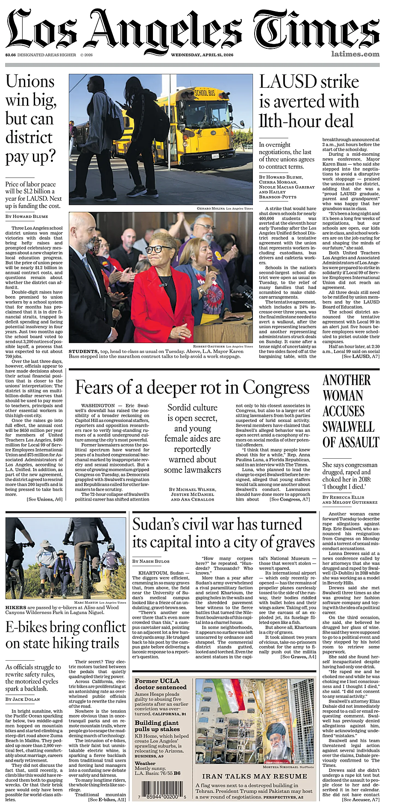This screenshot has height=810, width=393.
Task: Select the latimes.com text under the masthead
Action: pyautogui.click(x=355, y=54)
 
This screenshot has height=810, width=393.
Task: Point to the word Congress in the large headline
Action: pyautogui.click(x=276, y=388)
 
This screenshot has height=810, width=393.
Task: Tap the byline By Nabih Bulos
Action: pyautogui.click(x=151, y=561)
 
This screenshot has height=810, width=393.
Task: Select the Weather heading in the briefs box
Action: pyautogui.click(x=145, y=763)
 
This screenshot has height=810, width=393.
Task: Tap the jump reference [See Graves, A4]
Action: pyautogui.click(x=298, y=656)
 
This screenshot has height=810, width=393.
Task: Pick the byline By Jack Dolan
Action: pyautogui.click(x=23, y=699)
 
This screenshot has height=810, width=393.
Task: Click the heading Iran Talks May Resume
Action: pyautogui.click(x=255, y=776)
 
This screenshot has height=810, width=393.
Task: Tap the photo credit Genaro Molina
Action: pyautogui.click(x=211, y=208)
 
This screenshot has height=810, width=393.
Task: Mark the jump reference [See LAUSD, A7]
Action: pyautogui.click(x=360, y=356)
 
